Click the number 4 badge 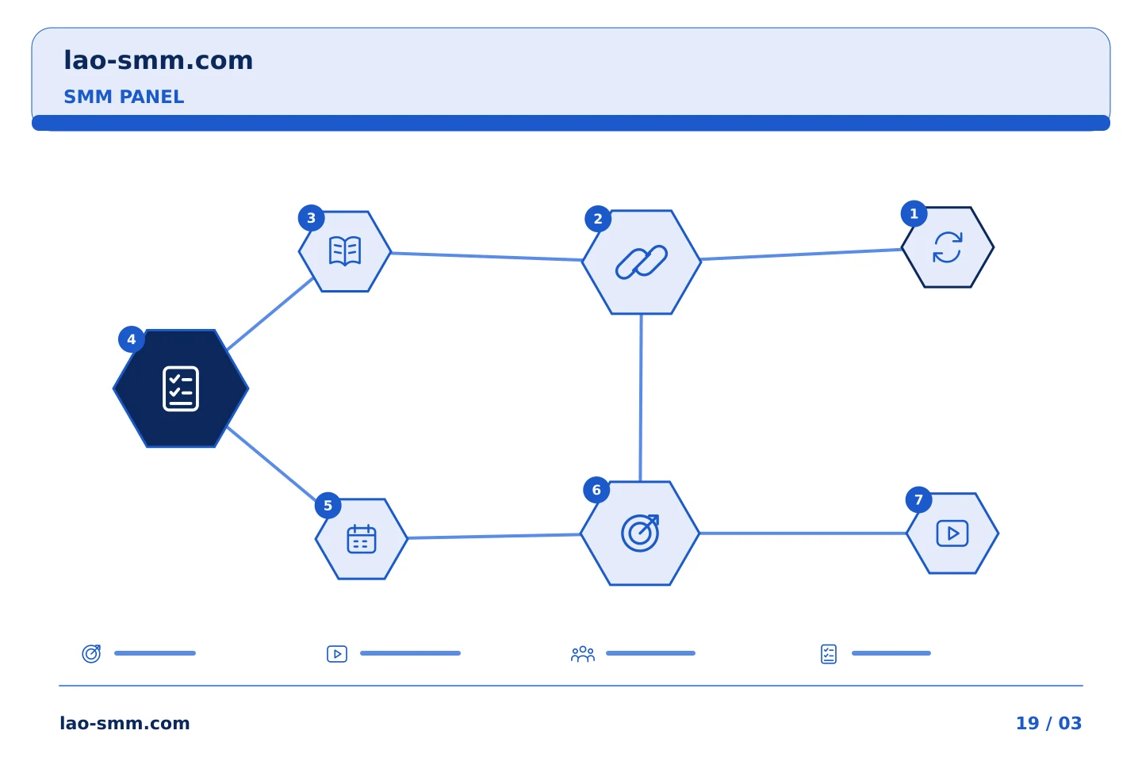coord(132,339)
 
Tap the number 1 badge coord(914,213)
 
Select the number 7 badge coord(918,499)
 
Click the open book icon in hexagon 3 coord(345,250)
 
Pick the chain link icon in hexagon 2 coord(642,262)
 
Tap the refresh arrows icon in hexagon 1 coord(948,247)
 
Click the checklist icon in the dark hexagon coord(181,388)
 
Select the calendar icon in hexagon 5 coord(362,538)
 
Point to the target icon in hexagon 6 coord(640,533)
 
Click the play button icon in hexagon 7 coord(952,533)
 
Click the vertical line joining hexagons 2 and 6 coord(641,398)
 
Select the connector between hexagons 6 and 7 coord(803,533)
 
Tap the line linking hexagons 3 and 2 coord(487,256)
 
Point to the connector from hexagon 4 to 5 coord(272,464)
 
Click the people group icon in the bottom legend coord(583,654)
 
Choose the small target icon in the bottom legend coord(91,653)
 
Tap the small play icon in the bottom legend coord(337,654)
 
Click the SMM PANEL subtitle coord(124,97)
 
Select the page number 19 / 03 coord(1048,723)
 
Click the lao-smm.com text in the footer coord(125,723)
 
